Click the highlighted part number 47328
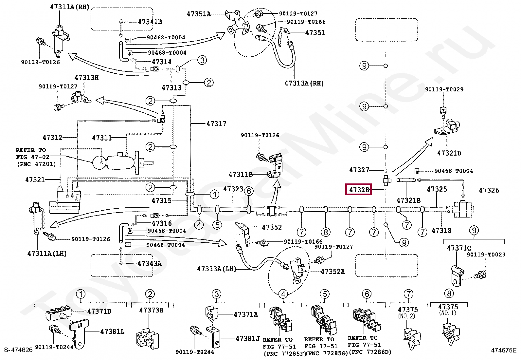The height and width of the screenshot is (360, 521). click(359, 190)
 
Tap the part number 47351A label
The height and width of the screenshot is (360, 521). click(199, 14)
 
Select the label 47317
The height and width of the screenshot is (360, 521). click(216, 123)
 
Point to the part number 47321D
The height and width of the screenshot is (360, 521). click(449, 153)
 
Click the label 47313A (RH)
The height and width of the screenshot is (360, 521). click(304, 83)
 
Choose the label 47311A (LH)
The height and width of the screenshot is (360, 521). click(47, 253)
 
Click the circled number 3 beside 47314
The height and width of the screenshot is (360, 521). click(202, 60)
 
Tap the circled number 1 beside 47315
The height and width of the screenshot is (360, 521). click(214, 194)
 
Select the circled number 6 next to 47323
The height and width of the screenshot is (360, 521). click(249, 191)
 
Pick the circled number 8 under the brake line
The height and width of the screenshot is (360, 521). click(326, 232)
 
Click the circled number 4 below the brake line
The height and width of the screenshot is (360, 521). click(199, 225)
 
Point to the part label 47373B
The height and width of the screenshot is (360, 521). click(151, 310)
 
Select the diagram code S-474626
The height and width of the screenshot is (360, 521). click(18, 350)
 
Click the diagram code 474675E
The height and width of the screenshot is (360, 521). click(504, 350)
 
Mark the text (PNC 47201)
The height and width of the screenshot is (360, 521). click(36, 164)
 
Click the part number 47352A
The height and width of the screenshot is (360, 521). click(333, 272)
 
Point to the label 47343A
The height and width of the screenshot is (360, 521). click(149, 263)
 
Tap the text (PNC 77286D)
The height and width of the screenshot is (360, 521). click(370, 352)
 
